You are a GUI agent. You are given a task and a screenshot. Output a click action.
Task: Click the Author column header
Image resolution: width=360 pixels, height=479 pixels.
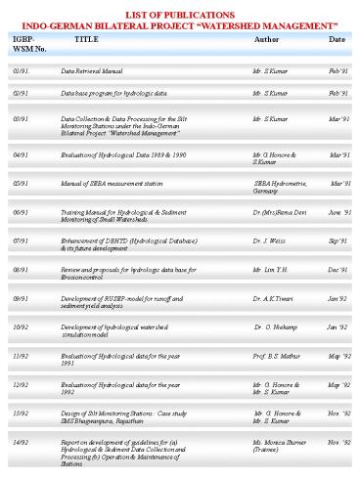(x=265, y=39)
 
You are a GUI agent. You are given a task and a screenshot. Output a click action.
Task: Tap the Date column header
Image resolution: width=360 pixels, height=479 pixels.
(x=337, y=39)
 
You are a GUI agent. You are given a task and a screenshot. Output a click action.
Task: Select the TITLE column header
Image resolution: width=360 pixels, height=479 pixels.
(x=86, y=39)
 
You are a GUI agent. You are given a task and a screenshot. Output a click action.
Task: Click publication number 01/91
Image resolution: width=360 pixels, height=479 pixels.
(x=20, y=72)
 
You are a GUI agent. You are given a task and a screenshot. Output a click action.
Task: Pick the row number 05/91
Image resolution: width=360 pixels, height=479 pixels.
(x=20, y=183)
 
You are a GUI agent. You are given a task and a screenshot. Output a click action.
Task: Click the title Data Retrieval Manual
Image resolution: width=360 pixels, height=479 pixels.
(x=91, y=72)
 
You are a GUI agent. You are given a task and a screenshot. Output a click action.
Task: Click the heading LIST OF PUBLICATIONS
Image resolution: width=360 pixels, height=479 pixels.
(x=180, y=8)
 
